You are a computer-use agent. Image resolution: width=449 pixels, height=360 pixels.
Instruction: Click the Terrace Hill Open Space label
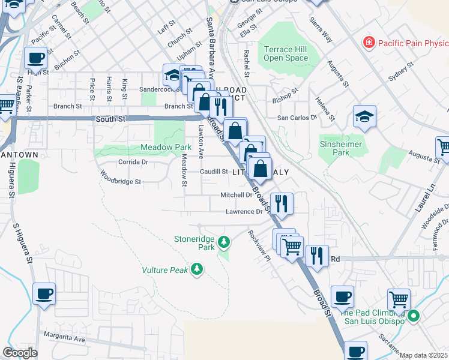[286, 54]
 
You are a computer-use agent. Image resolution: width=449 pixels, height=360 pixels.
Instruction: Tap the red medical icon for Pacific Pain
[368, 43]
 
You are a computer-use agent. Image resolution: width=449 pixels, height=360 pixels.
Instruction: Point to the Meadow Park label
[166, 147]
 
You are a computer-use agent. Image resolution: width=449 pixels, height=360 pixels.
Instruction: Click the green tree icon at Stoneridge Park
[224, 242]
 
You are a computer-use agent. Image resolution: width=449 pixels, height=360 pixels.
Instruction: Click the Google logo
[19, 353]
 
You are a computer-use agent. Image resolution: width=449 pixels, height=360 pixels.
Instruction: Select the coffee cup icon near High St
[35, 58]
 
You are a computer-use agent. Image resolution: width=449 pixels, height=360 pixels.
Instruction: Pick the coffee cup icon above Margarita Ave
[44, 294]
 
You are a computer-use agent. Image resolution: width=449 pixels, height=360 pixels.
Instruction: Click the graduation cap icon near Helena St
[364, 116]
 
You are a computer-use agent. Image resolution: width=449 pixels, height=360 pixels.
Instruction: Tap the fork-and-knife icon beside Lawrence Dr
[281, 203]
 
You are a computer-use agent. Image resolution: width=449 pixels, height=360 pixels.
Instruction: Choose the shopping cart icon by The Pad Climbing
[399, 298]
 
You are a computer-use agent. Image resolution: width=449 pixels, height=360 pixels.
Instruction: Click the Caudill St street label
[214, 172]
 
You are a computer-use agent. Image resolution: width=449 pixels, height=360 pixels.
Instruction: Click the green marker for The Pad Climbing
[413, 315]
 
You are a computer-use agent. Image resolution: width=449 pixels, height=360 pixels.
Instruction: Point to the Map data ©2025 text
[424, 355]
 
